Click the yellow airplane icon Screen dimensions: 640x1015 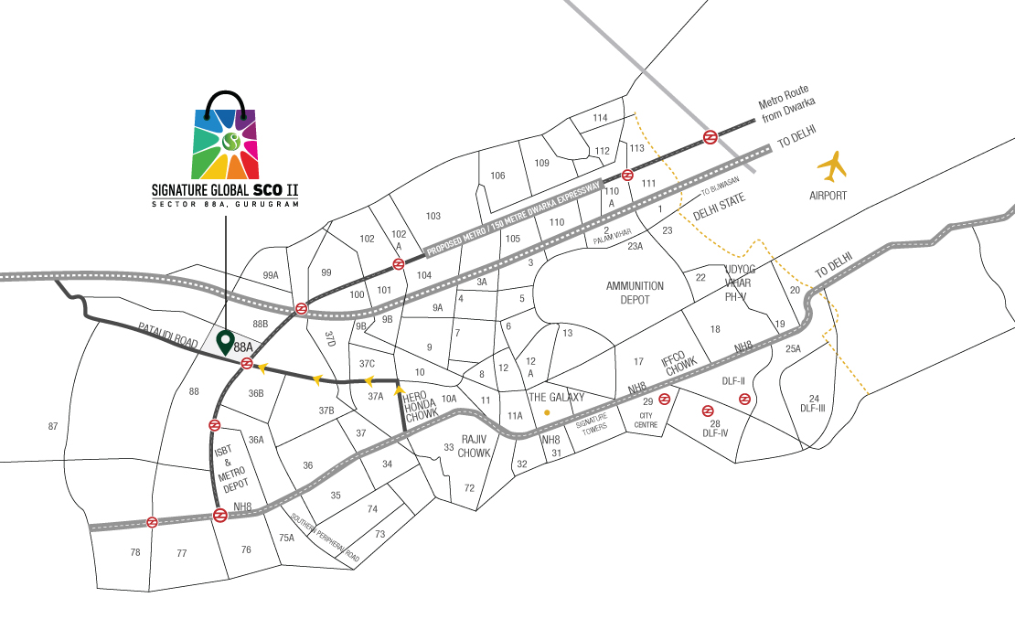pos(833,166)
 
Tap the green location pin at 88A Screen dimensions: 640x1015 pos(224,343)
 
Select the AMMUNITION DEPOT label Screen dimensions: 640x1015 pos(635,293)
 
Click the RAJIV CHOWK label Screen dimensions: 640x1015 pos(475,445)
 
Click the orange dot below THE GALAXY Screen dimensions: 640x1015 pos(547,412)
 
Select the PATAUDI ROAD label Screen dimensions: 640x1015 pos(168,335)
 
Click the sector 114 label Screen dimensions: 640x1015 pos(600,118)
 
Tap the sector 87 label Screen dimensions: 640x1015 pos(52,427)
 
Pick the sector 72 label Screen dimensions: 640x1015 pos(469,487)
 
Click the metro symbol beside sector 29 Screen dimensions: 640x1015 pos(666,399)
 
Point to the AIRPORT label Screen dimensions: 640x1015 pos(828,196)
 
